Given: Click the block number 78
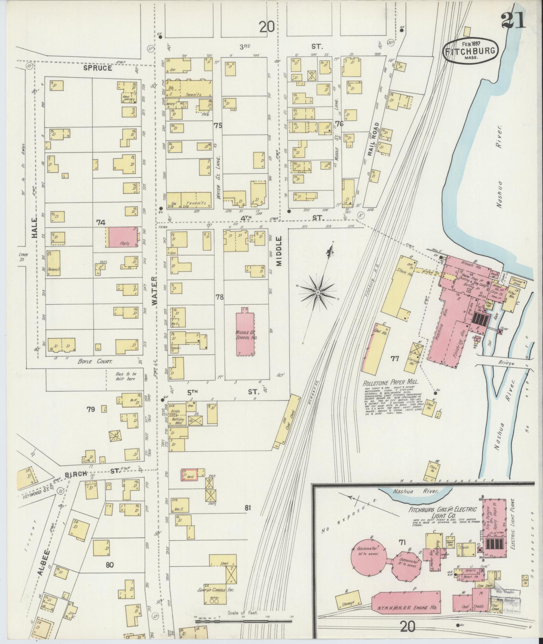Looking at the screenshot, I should point(220,297).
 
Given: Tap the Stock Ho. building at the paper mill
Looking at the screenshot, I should point(402,283).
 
